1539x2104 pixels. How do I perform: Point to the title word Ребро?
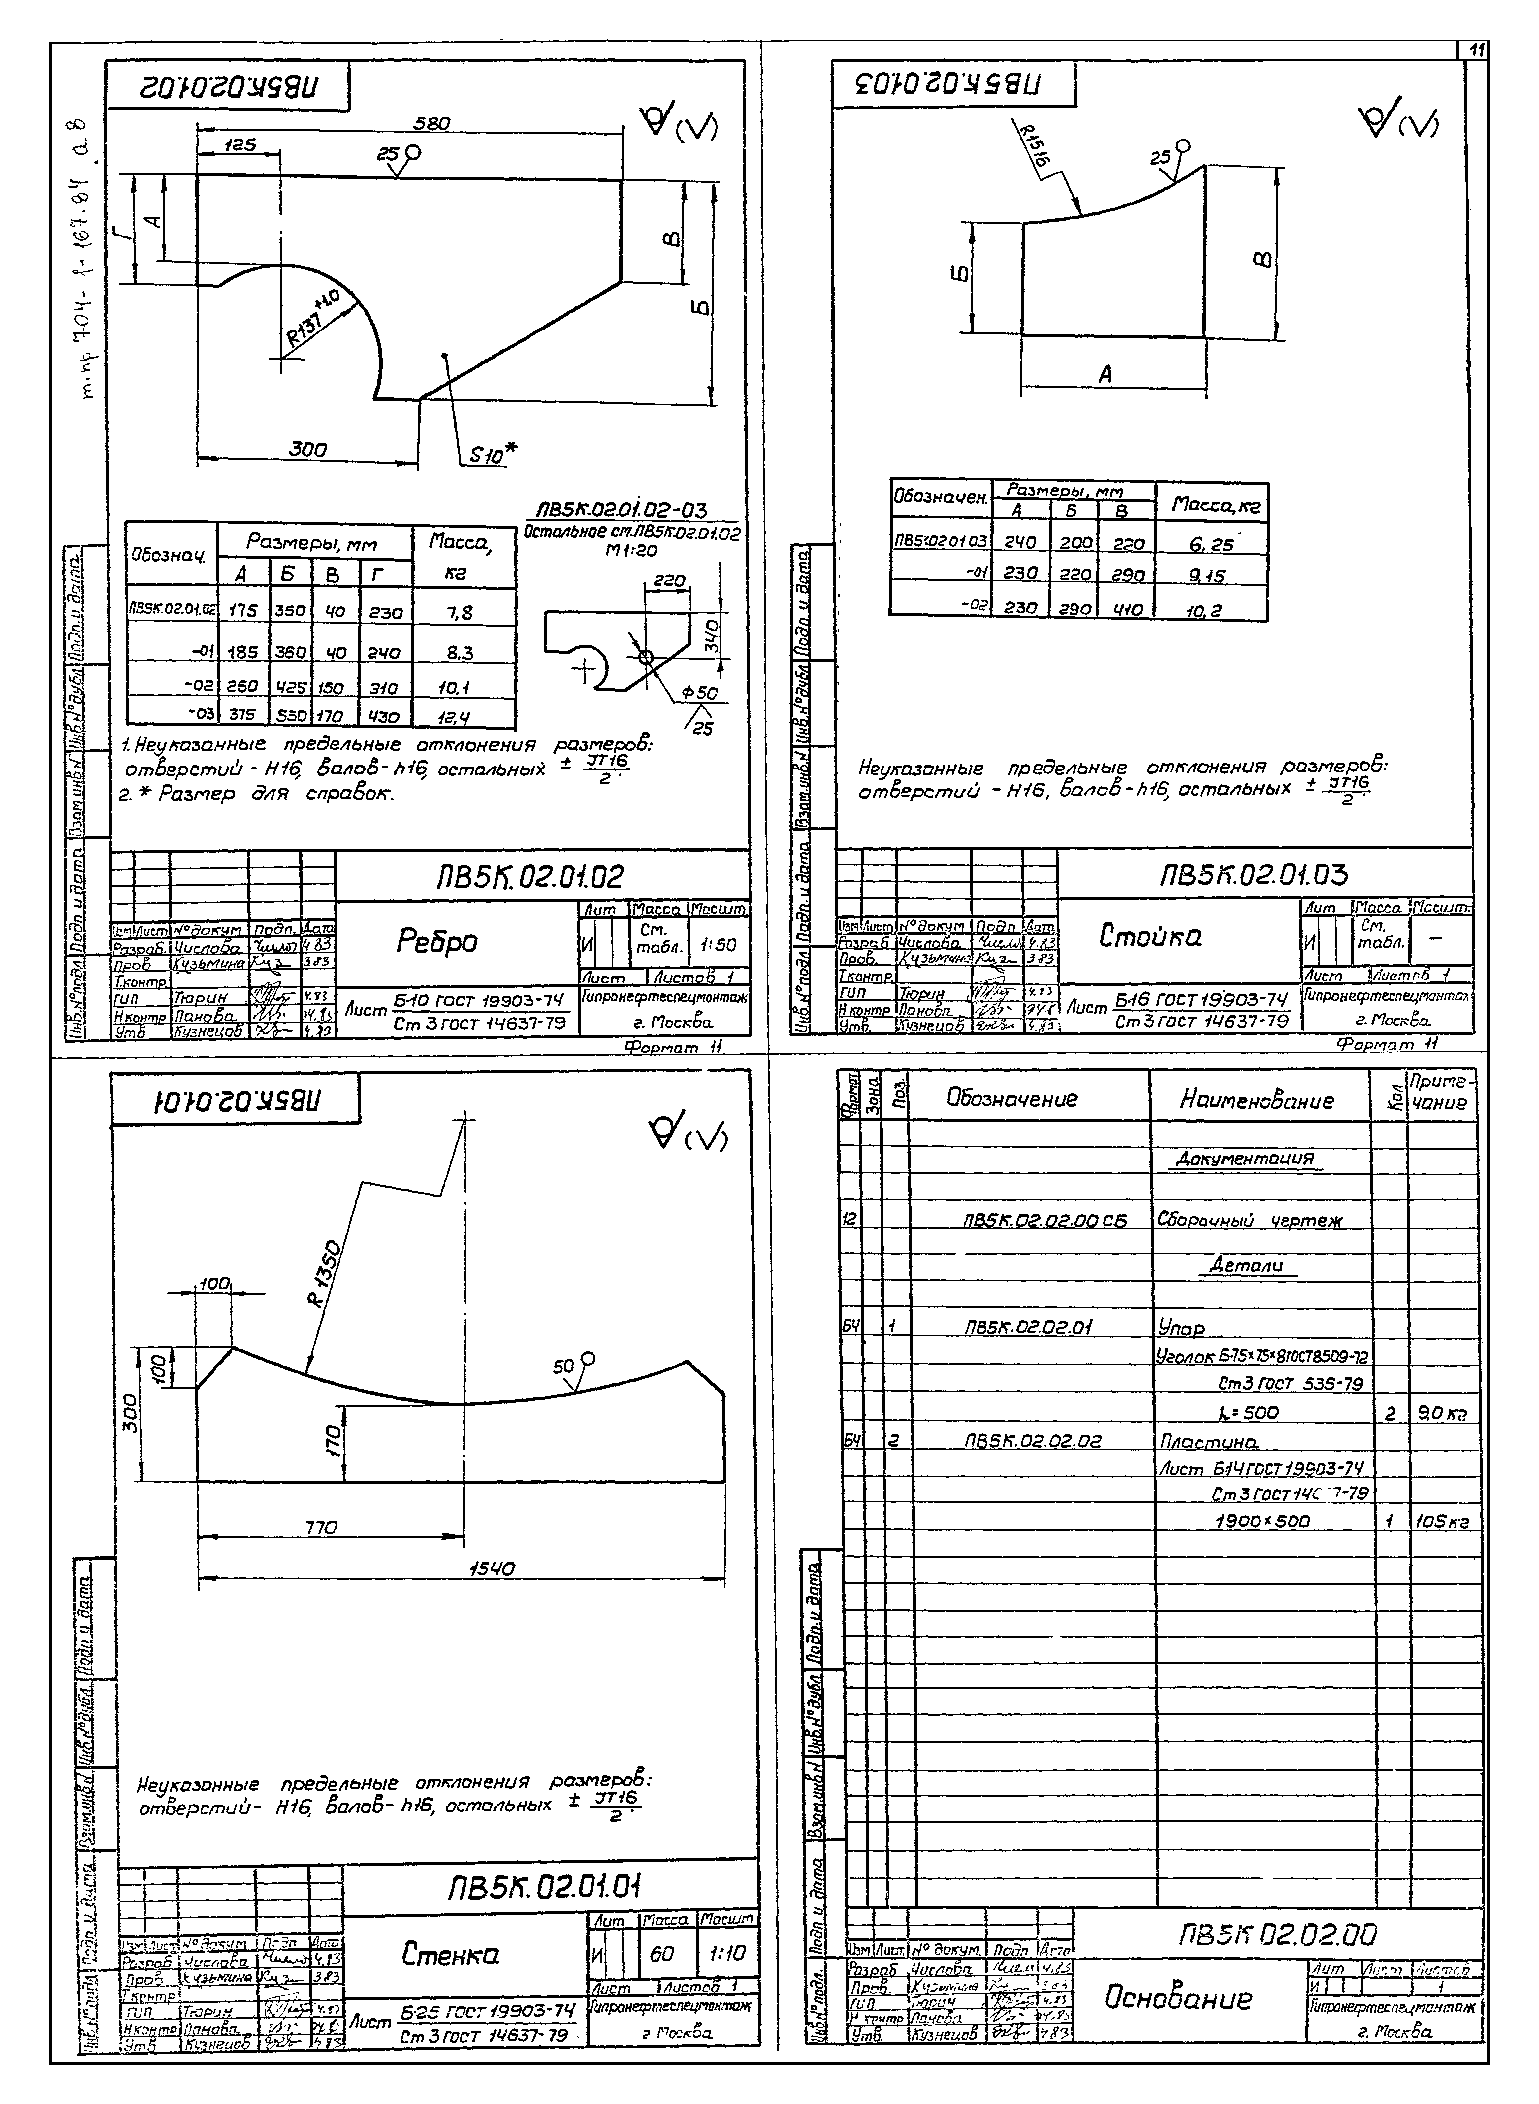(438, 944)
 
